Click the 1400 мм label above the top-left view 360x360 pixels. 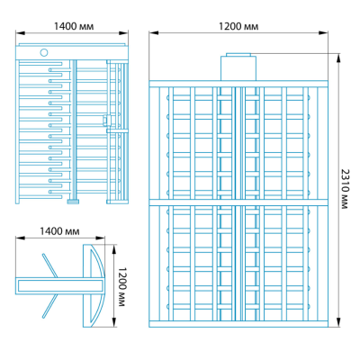point(74,26)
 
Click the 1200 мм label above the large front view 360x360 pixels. point(238,26)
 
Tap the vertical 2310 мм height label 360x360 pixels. point(346,189)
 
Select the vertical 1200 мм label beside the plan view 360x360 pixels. point(121,287)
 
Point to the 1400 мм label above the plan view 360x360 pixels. point(59,231)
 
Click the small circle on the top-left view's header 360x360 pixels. point(44,52)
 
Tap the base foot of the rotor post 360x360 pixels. point(73,202)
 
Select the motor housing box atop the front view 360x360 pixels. point(238,67)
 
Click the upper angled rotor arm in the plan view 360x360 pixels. point(50,265)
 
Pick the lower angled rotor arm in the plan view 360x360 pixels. point(49,306)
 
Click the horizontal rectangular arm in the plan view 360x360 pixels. point(60,286)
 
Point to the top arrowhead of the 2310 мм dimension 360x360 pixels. point(338,58)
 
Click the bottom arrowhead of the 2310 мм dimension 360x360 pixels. point(338,323)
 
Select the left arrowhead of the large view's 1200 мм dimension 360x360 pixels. point(154,32)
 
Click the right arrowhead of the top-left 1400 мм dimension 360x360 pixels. point(124,33)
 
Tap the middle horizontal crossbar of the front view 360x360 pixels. point(238,202)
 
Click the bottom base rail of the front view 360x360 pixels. point(238,324)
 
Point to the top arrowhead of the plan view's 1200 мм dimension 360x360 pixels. point(113,248)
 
